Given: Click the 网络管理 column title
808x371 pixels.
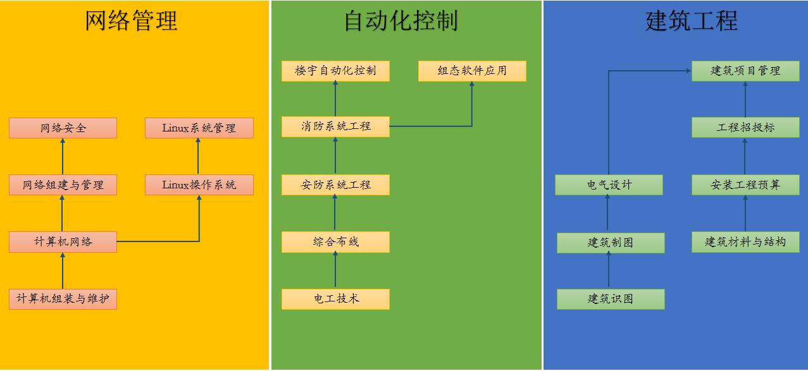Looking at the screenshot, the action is pos(131,20).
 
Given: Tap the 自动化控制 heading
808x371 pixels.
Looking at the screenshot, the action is pos(401,20).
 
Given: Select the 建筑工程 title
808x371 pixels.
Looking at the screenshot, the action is pos(692,20).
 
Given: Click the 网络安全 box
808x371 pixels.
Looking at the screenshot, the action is pos(63,128).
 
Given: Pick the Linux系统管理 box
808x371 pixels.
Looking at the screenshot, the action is pos(199,128).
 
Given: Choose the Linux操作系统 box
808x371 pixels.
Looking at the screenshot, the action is pos(199,185).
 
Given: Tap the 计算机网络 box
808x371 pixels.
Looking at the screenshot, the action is pos(63,241).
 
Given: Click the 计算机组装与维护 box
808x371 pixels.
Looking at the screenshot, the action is pos(63,299).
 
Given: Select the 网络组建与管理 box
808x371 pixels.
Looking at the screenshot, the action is pos(63,185).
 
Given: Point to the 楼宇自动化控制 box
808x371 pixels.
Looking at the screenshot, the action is pos(335,71).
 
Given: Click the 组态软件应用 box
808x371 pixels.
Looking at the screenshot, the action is pos(472,71).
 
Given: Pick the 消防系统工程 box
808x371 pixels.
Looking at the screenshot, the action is pos(335,126).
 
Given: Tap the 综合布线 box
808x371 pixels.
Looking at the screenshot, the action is pos(335,241).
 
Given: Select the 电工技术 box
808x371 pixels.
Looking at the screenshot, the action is pos(335,299).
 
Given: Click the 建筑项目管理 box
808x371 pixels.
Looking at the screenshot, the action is pos(745,71).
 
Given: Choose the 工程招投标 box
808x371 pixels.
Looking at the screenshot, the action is pos(745,127).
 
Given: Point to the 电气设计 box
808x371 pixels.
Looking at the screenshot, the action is pos(609,185).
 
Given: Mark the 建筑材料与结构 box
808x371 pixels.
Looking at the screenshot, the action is pos(745,242).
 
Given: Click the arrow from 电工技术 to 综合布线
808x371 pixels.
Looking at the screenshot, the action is pos(335,270).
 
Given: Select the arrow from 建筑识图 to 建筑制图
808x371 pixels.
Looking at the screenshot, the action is pos(609,270).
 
